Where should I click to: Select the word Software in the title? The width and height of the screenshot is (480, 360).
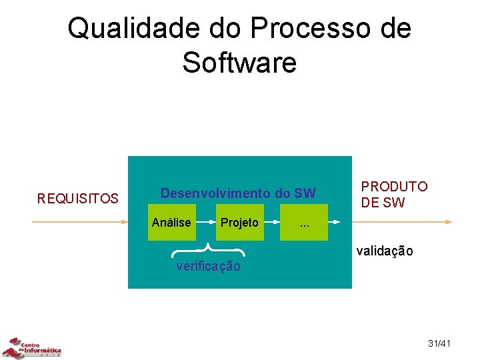coord(239,63)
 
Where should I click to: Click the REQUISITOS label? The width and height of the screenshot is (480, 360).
coord(78,199)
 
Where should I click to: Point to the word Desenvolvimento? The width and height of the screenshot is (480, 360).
coord(215,194)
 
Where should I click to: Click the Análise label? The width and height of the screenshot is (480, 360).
coord(171,223)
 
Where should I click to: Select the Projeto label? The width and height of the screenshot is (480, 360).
coord(239,223)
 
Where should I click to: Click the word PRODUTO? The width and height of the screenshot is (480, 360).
coord(394,187)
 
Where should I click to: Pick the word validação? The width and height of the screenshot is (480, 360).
coord(385,251)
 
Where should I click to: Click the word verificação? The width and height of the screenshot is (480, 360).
coord(208,267)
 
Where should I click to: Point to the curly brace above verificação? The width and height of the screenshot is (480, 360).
coord(209,250)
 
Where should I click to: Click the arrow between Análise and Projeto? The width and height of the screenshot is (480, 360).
coord(205,221)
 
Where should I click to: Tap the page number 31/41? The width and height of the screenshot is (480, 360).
coord(439,343)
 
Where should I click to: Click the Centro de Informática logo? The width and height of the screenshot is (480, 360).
coord(31,348)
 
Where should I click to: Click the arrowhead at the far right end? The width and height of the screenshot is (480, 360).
coord(450,221)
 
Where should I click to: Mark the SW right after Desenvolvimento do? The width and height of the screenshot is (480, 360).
coord(305,194)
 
